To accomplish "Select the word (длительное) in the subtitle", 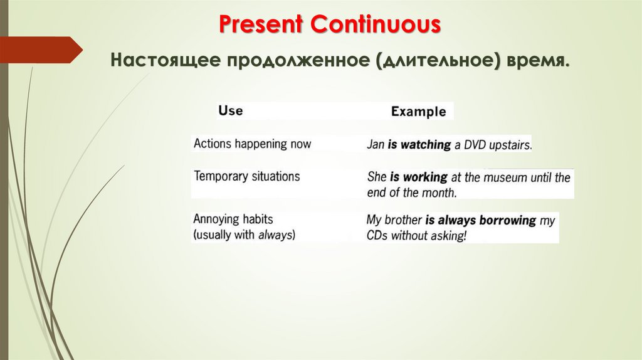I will pyautogui.click(x=438, y=61).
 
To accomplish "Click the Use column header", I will pyautogui.click(x=230, y=111).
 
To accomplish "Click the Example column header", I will pyautogui.click(x=418, y=112).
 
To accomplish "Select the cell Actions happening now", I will pyautogui.click(x=252, y=144).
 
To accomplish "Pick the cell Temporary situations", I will pyautogui.click(x=246, y=176).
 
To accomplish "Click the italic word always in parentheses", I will pyautogui.click(x=275, y=235).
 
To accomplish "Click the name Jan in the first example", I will pyautogui.click(x=376, y=145).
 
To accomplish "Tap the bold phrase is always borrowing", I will pyautogui.click(x=480, y=221).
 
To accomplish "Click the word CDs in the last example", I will pyautogui.click(x=377, y=236).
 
